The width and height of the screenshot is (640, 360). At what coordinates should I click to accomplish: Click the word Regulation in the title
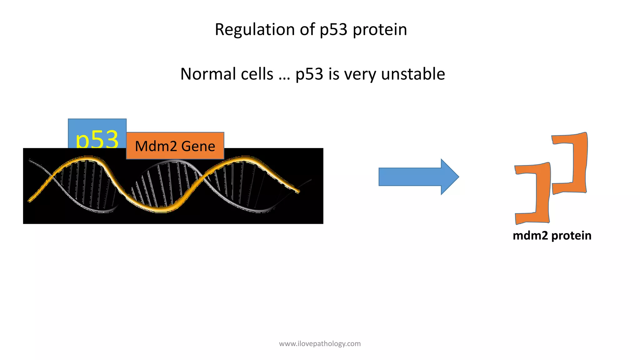[x=254, y=30]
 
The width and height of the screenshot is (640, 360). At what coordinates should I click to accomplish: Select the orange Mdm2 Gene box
[x=175, y=146]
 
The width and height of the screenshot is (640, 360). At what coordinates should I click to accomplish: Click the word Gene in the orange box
[x=198, y=146]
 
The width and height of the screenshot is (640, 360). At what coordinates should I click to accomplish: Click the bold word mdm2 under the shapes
[x=530, y=236]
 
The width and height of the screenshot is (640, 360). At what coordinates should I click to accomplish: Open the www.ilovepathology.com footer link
[x=320, y=344]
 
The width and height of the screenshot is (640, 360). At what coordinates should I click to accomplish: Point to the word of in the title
[x=307, y=30]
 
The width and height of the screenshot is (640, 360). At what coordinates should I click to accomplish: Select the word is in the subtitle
[x=333, y=74]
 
